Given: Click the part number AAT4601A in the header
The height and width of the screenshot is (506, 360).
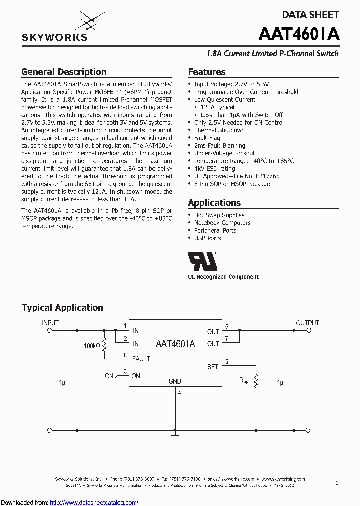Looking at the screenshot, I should coord(299,34).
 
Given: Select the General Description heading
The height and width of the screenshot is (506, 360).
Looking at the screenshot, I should coord(64,72).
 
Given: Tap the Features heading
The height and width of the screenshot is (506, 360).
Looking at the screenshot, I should coord(206,72).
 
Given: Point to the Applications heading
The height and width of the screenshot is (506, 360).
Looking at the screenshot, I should coord(214,203).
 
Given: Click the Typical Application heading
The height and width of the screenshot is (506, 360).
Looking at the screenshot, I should coord(62,308).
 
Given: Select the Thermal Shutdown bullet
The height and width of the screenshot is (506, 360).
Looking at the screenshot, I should coord(219,130).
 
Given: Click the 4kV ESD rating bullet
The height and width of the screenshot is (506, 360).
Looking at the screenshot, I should coord(214,169).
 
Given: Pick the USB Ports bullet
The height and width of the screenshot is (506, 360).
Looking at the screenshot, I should coord(207,238).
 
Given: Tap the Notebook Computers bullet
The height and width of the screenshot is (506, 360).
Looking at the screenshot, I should coord(222,223).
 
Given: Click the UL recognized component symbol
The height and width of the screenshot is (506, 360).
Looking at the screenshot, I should coord(202,261).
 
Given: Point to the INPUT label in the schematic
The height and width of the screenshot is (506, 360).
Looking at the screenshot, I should coord(50,323).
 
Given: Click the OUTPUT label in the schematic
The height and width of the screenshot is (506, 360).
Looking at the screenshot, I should coord(307,323).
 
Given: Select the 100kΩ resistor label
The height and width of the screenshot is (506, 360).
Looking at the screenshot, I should coord(92,346).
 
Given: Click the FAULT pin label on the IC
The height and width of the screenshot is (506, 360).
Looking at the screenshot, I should coord(141,359).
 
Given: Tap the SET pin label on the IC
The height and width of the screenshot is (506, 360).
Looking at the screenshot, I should coord(213,367).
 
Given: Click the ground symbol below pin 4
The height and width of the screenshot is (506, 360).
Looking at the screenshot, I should coord(175,437).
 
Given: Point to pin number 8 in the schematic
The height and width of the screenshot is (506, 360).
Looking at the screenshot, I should coord(125,355).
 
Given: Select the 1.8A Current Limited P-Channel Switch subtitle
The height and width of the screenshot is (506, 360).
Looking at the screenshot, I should coord(272,54).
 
